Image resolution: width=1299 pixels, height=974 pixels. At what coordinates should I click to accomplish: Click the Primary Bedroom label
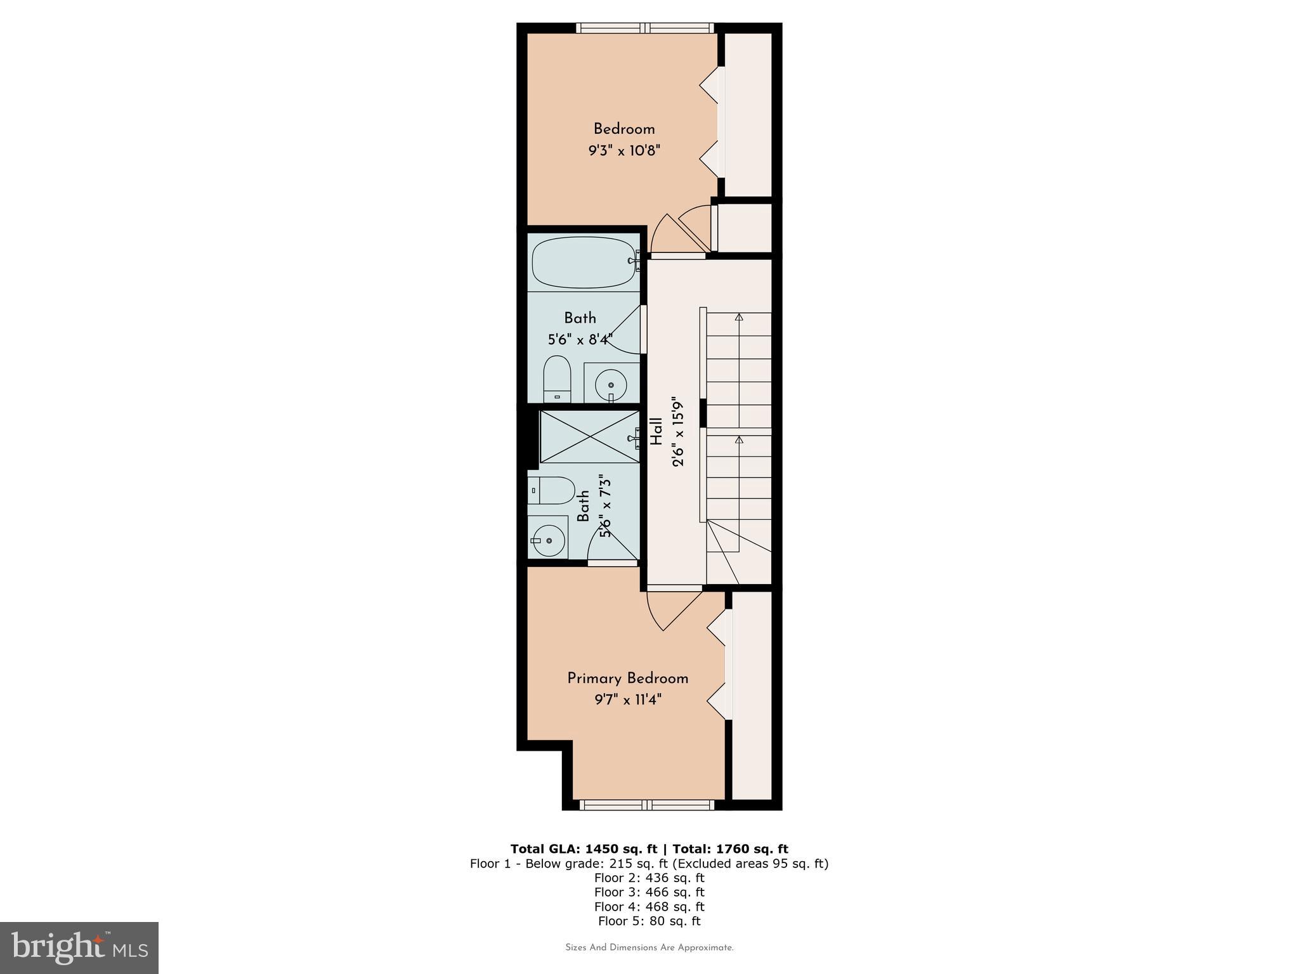coord(627,679)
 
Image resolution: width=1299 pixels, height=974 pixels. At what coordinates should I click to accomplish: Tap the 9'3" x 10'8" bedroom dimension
coord(624,151)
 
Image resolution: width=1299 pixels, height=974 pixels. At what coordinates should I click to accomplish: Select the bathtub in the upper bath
coord(584,262)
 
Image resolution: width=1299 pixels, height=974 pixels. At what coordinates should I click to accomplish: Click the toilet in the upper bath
coord(557,379)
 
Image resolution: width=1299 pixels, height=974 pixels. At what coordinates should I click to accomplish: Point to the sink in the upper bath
coord(611,384)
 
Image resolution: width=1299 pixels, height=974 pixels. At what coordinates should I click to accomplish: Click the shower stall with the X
coord(589,436)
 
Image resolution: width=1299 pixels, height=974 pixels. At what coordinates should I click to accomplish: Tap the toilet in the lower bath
coord(551,490)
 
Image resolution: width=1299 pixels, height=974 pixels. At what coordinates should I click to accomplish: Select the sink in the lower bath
coord(547,541)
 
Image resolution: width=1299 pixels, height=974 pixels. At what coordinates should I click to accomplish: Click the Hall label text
coord(656,431)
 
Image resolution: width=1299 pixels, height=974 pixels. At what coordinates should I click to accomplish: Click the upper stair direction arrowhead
coord(739,316)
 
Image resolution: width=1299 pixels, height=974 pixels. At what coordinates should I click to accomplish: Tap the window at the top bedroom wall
coord(645,28)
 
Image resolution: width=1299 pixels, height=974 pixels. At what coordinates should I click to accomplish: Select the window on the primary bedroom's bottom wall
coord(647,805)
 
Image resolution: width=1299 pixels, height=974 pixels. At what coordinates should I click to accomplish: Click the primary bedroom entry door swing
coord(669,610)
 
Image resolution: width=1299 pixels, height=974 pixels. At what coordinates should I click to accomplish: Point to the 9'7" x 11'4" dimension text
coord(627,700)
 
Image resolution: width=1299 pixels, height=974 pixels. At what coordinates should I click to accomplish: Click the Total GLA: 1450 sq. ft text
coord(584,849)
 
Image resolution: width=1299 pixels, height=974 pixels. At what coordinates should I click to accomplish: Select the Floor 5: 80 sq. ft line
coord(649,921)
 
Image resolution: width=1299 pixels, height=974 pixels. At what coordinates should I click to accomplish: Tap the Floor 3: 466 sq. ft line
coord(649,892)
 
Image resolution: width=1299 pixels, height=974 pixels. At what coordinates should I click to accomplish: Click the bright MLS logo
coord(79,948)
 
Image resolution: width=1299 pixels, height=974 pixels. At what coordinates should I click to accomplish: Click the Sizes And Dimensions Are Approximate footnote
coord(649,948)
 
